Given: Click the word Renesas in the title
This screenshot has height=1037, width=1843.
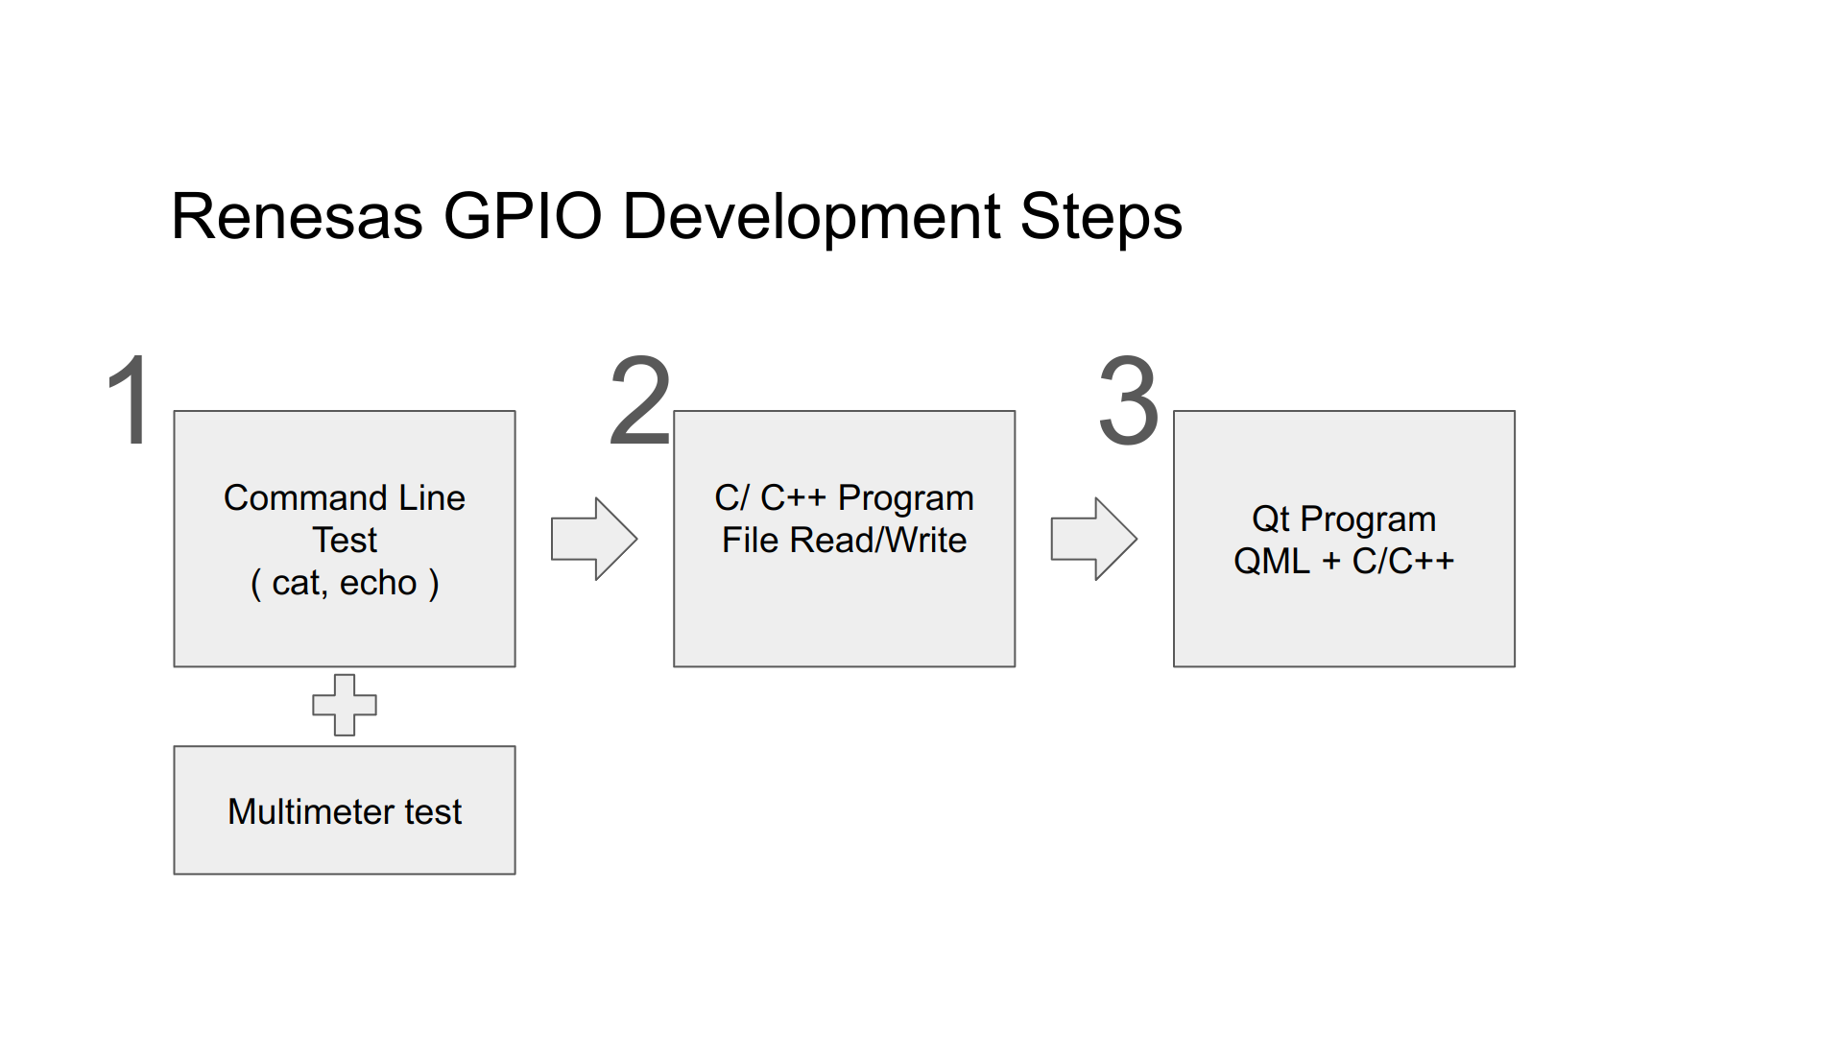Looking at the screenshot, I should pos(297,217).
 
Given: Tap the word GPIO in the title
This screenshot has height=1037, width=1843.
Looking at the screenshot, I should pos(522,217).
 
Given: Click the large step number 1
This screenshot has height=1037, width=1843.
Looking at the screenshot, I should pos(130,400).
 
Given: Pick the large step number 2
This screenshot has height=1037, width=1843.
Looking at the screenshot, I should pos(640,400).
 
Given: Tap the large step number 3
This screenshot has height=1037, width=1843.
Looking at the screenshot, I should pos(1129,400).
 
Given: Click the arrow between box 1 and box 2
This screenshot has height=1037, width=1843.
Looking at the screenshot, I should pos(593,539).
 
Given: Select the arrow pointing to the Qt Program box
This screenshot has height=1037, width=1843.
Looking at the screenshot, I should pos(1093,539).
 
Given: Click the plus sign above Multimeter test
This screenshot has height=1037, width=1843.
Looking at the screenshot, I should pos(345,705).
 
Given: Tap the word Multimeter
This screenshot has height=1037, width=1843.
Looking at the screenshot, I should pos(311,812).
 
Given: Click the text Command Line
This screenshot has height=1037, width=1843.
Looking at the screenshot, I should pos(345,498).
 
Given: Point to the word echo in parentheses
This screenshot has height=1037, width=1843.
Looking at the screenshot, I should pos(378,583).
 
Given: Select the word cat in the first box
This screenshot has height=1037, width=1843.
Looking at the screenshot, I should pos(298,583).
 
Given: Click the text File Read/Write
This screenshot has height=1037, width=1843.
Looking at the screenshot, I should pos(844,541).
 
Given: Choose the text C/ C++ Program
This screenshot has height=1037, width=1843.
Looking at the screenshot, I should pos(844,498).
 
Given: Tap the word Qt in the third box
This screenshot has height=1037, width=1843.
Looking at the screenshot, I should pos(1270,519).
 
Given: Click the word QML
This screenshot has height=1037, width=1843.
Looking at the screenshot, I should pos(1271,562).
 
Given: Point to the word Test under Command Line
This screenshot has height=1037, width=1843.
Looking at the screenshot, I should pos(345,541).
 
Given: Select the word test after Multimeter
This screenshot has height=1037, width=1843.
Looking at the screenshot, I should pos(433,812).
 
